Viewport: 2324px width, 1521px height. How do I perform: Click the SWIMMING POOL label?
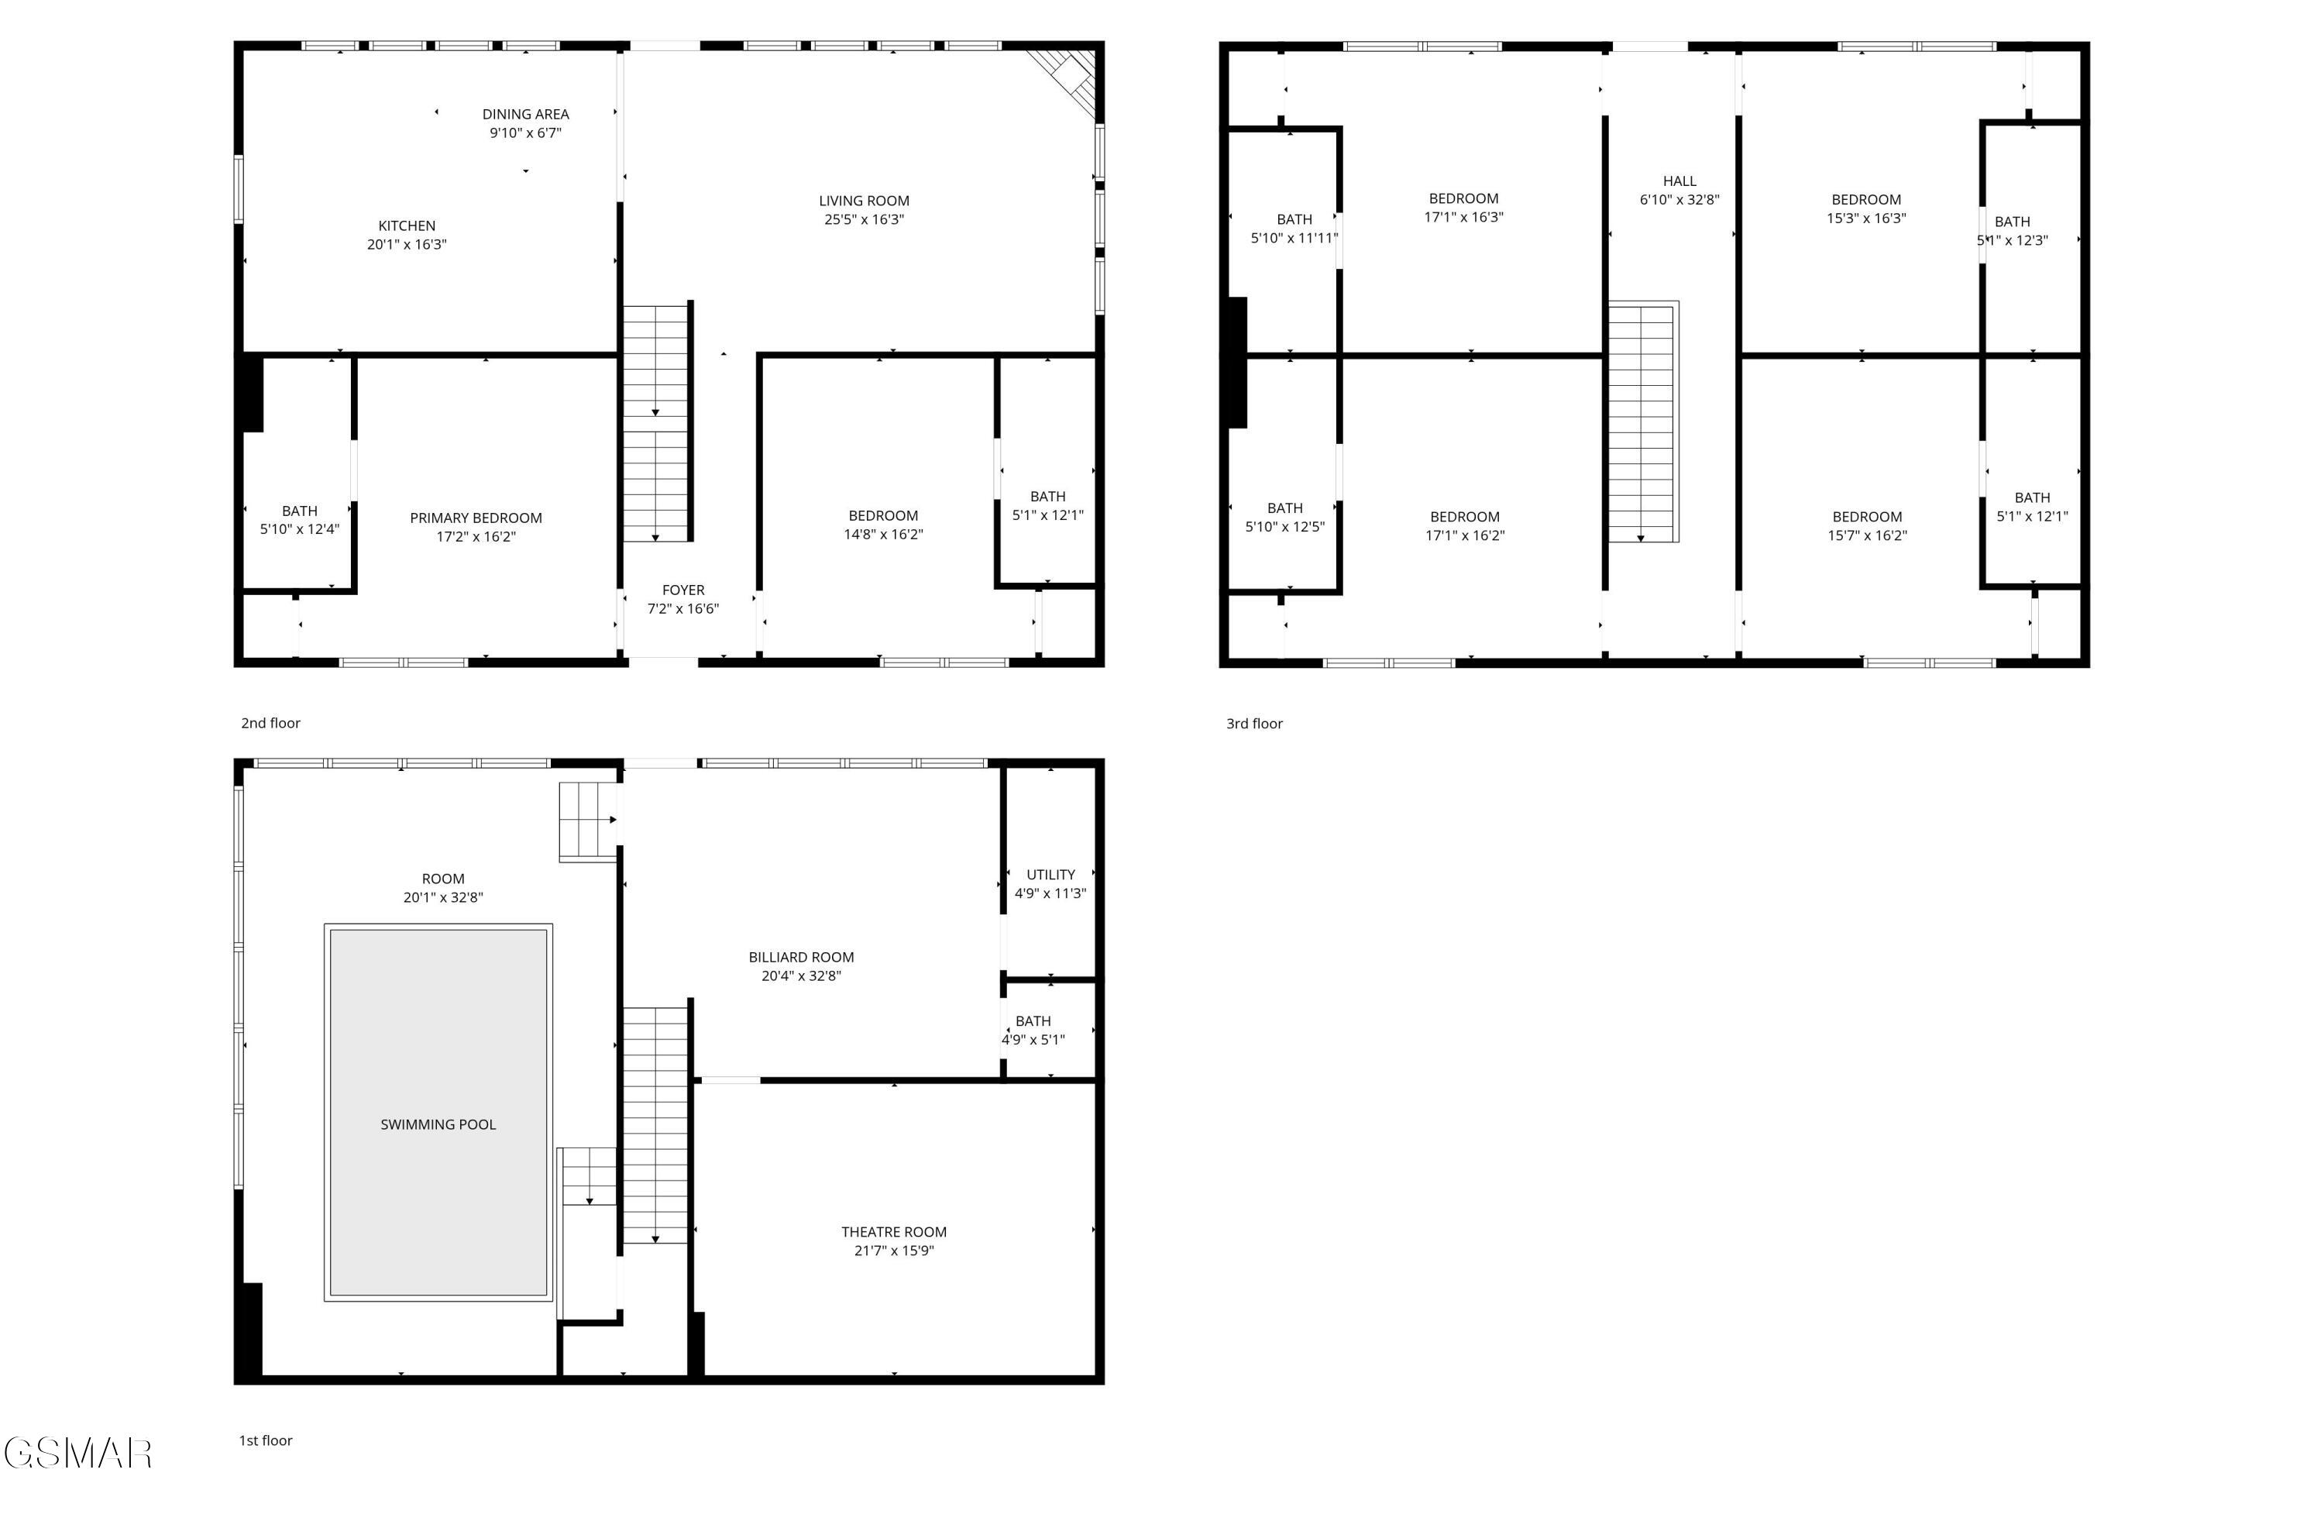[x=438, y=1124]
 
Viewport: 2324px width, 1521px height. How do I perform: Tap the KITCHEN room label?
[x=406, y=225]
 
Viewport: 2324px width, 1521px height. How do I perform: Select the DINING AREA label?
[x=525, y=115]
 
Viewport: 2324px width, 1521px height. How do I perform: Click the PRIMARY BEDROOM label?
[x=476, y=518]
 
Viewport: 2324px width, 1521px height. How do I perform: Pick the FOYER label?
[x=682, y=590]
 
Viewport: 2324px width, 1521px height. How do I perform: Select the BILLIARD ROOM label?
[x=801, y=958]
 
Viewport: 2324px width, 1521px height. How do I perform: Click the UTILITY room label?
[x=1050, y=874]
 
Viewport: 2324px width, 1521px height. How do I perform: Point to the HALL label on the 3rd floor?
[x=1679, y=181]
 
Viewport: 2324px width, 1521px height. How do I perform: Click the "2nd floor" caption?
[x=270, y=723]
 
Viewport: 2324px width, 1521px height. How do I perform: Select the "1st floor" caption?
[x=266, y=1440]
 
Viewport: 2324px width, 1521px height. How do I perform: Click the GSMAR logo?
[x=78, y=1453]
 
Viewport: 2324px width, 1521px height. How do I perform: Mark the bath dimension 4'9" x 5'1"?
[x=1033, y=1039]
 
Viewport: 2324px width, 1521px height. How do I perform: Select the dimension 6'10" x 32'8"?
[x=1679, y=199]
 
